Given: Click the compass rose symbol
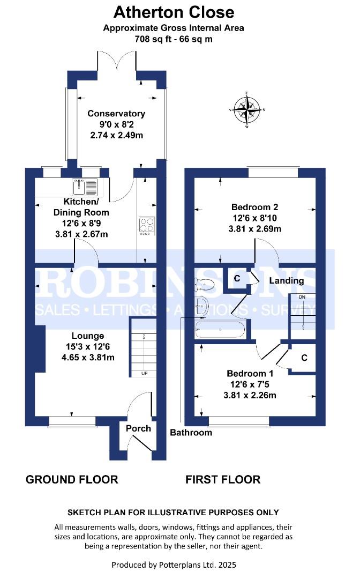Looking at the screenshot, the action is pyautogui.click(x=247, y=110).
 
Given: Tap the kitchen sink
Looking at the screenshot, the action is pyautogui.click(x=85, y=187).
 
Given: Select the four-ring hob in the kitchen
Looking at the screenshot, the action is pyautogui.click(x=147, y=226).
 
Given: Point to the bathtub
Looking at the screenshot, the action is pyautogui.click(x=220, y=329).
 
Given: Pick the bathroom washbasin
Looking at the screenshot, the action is pyautogui.click(x=201, y=306).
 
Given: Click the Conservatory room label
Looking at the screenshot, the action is pyautogui.click(x=116, y=114).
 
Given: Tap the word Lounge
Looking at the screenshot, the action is pyautogui.click(x=88, y=336).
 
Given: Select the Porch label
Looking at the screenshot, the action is pyautogui.click(x=138, y=428).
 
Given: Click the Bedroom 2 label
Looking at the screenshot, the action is pyautogui.click(x=254, y=207).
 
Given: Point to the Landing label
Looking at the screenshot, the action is pyautogui.click(x=286, y=280).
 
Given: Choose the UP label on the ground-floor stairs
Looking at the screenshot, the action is pyautogui.click(x=144, y=373).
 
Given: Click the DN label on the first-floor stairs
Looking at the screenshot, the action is pyautogui.click(x=302, y=297).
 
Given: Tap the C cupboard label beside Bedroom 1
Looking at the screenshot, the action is pyautogui.click(x=304, y=358).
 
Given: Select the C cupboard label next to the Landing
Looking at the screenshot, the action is pyautogui.click(x=237, y=278).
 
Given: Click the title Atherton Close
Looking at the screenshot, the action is pyautogui.click(x=174, y=12).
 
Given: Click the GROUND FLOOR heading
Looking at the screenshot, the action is pyautogui.click(x=72, y=479).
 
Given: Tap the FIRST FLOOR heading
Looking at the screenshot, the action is pyautogui.click(x=223, y=479).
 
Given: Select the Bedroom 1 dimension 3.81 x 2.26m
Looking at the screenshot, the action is pyautogui.click(x=250, y=395).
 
